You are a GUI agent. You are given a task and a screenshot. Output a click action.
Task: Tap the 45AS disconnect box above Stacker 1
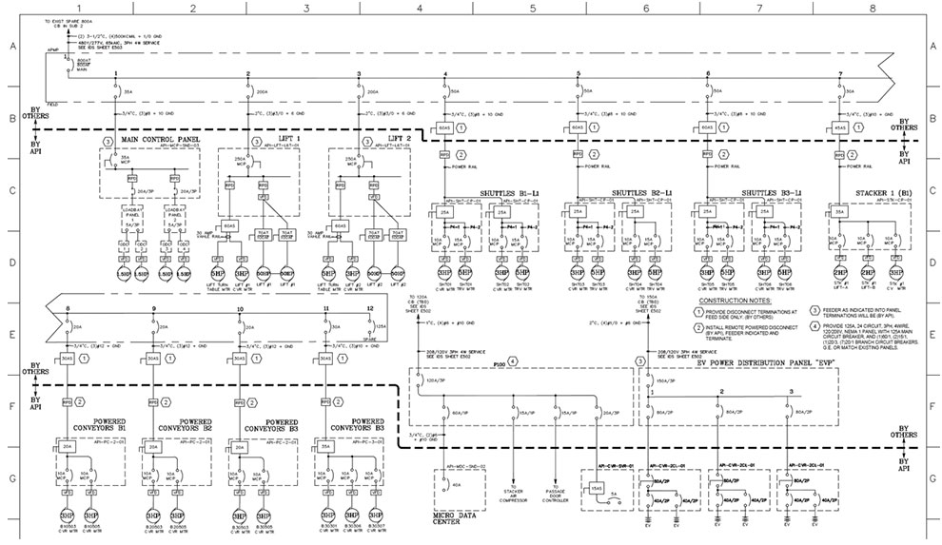(x=840, y=127)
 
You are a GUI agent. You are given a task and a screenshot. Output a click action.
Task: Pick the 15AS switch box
(x=596, y=487)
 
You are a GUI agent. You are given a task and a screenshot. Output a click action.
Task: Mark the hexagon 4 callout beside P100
(x=513, y=361)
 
